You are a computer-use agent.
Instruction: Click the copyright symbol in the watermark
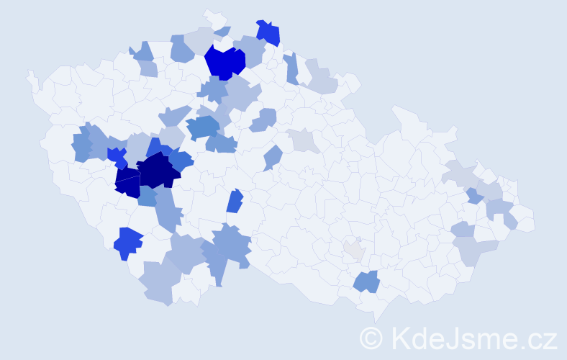pyautogui.click(x=371, y=338)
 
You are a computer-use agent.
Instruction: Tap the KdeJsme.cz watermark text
pyautogui.click(x=471, y=338)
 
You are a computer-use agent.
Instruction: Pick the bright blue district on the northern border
pyautogui.click(x=268, y=32)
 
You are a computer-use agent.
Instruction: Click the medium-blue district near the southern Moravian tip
pyautogui.click(x=366, y=282)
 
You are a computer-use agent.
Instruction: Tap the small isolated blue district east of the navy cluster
pyautogui.click(x=235, y=201)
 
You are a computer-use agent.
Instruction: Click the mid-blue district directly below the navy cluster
pyautogui.click(x=148, y=196)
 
